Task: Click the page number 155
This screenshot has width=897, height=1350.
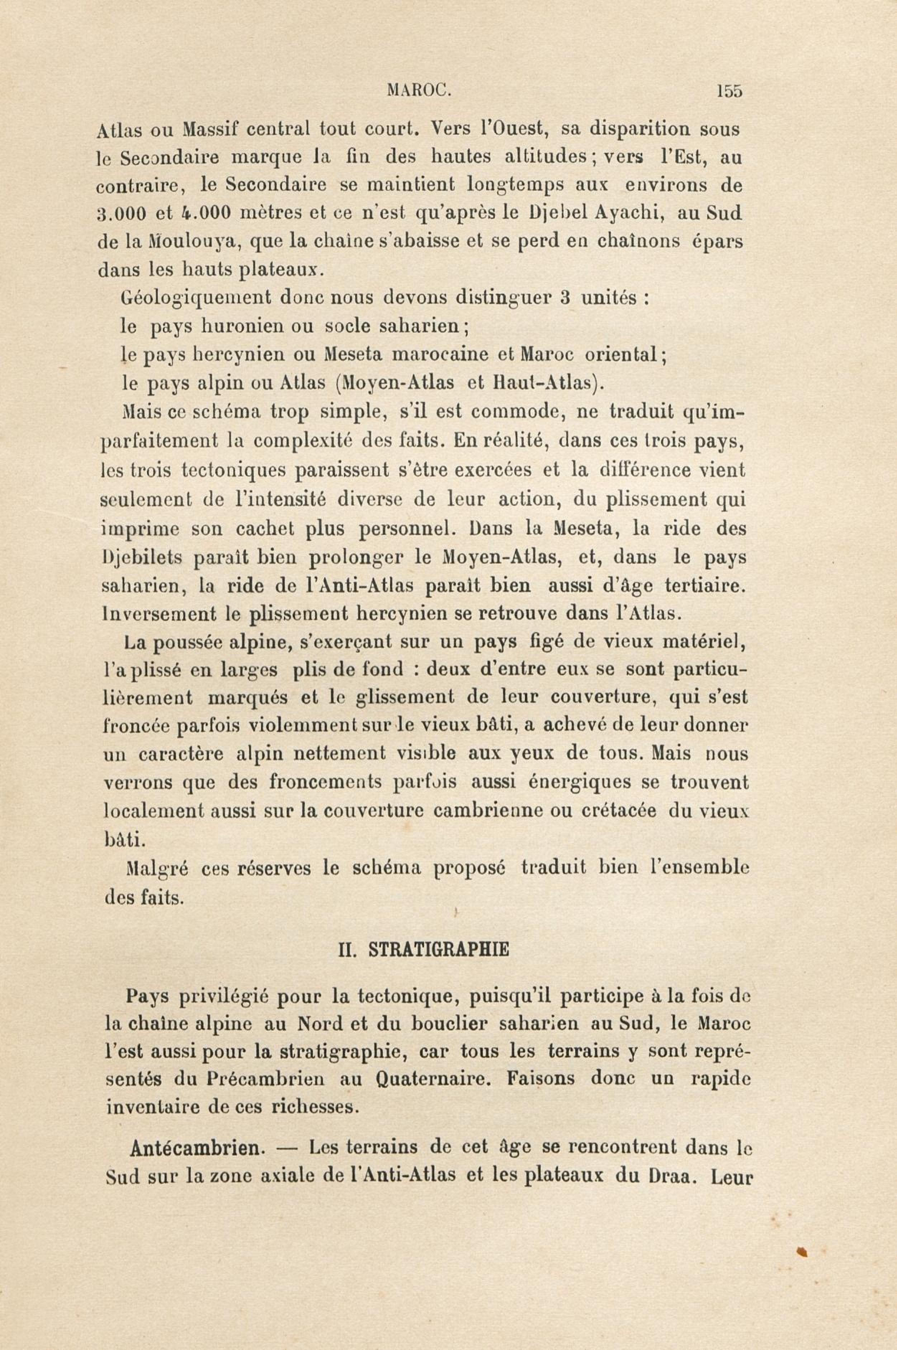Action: click(728, 91)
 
